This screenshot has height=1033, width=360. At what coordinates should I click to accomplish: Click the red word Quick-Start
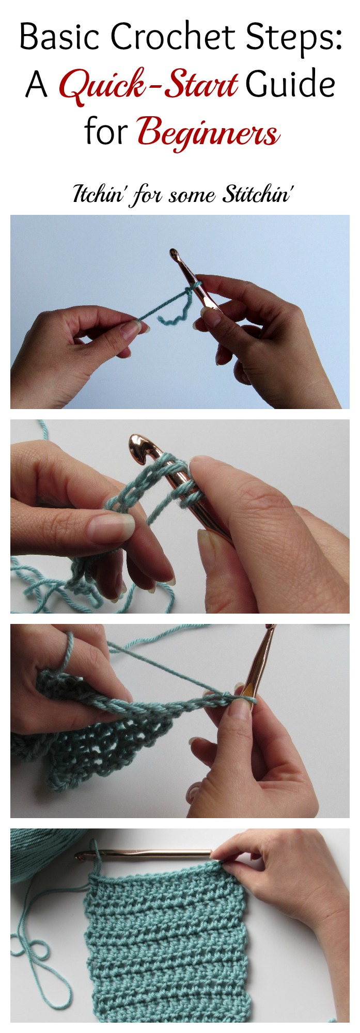coord(148,85)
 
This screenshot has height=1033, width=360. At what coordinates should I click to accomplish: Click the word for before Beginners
coord(106,131)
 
